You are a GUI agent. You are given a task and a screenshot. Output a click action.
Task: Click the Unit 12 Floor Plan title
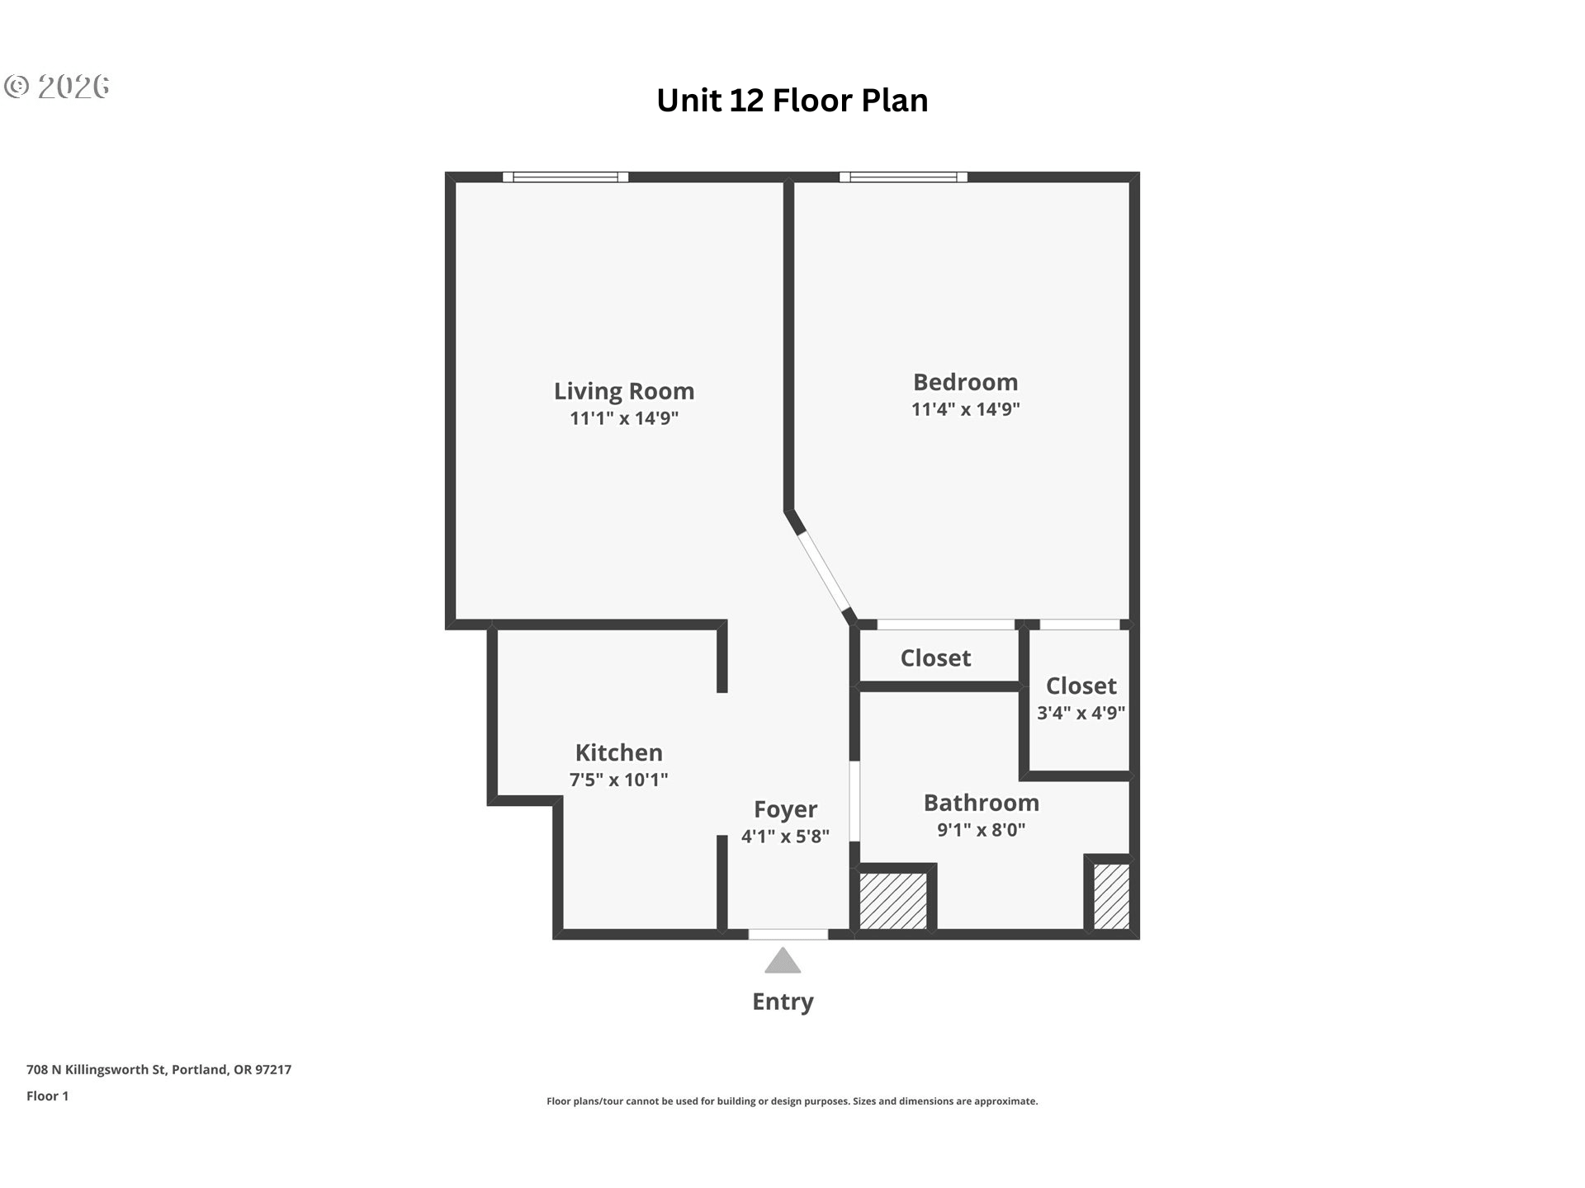pyautogui.click(x=792, y=101)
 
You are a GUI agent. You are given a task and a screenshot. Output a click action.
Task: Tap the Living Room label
pyautogui.click(x=624, y=391)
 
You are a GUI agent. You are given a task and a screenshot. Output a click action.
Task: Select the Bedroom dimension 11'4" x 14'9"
pyautogui.click(x=966, y=409)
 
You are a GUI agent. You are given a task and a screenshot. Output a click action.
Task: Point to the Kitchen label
pyautogui.click(x=619, y=752)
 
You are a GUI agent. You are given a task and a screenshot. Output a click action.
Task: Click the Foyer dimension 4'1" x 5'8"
pyautogui.click(x=785, y=837)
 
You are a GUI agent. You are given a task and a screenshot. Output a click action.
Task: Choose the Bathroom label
pyautogui.click(x=982, y=803)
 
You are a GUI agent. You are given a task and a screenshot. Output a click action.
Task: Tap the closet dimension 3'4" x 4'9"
pyautogui.click(x=1081, y=713)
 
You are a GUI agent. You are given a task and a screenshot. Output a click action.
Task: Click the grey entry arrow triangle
pyautogui.click(x=783, y=961)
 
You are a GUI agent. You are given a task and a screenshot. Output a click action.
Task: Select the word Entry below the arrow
pyautogui.click(x=783, y=1002)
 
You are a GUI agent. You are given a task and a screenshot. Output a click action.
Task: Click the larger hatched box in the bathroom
pyautogui.click(x=894, y=901)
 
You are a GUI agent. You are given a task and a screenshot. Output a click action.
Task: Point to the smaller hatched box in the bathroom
pyautogui.click(x=1111, y=897)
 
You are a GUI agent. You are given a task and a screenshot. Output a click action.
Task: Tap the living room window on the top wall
pyautogui.click(x=565, y=177)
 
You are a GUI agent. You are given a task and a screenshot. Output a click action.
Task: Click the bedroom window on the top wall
pyautogui.click(x=904, y=177)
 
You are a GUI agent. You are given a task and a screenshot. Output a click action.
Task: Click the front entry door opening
pyautogui.click(x=788, y=935)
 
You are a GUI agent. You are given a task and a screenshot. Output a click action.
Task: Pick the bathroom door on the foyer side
pyautogui.click(x=855, y=801)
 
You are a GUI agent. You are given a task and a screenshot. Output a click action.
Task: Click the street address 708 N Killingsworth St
pyautogui.click(x=159, y=1070)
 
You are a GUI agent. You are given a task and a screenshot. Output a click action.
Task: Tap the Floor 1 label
pyautogui.click(x=48, y=1096)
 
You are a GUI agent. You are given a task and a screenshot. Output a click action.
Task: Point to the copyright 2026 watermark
pyautogui.click(x=57, y=87)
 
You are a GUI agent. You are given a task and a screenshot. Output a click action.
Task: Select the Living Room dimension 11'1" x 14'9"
pyautogui.click(x=624, y=418)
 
